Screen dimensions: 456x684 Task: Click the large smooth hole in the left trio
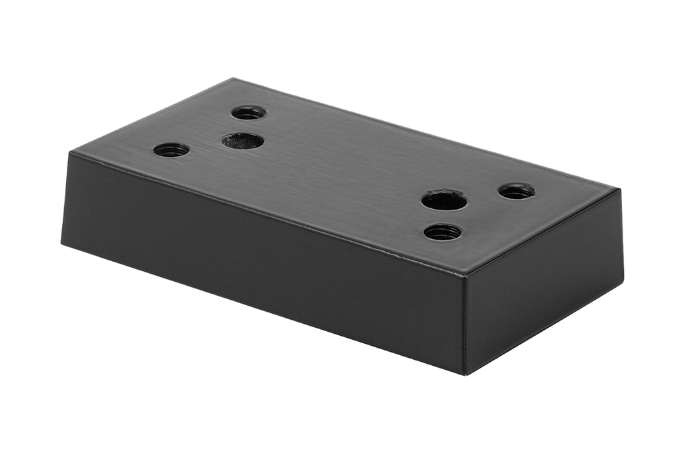[242, 141]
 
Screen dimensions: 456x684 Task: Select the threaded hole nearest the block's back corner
[248, 113]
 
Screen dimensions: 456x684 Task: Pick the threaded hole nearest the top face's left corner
[171, 150]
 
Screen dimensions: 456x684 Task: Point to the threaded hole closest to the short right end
[516, 192]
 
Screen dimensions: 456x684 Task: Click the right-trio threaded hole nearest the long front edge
[442, 232]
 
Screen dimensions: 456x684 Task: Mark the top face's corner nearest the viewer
[466, 274]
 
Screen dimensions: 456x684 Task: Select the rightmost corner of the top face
[620, 190]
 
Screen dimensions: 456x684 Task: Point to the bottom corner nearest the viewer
[466, 374]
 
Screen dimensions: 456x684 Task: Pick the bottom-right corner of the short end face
[623, 280]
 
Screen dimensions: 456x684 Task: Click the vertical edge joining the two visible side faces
[466, 324]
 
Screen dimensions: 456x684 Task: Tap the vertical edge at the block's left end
[66, 198]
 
